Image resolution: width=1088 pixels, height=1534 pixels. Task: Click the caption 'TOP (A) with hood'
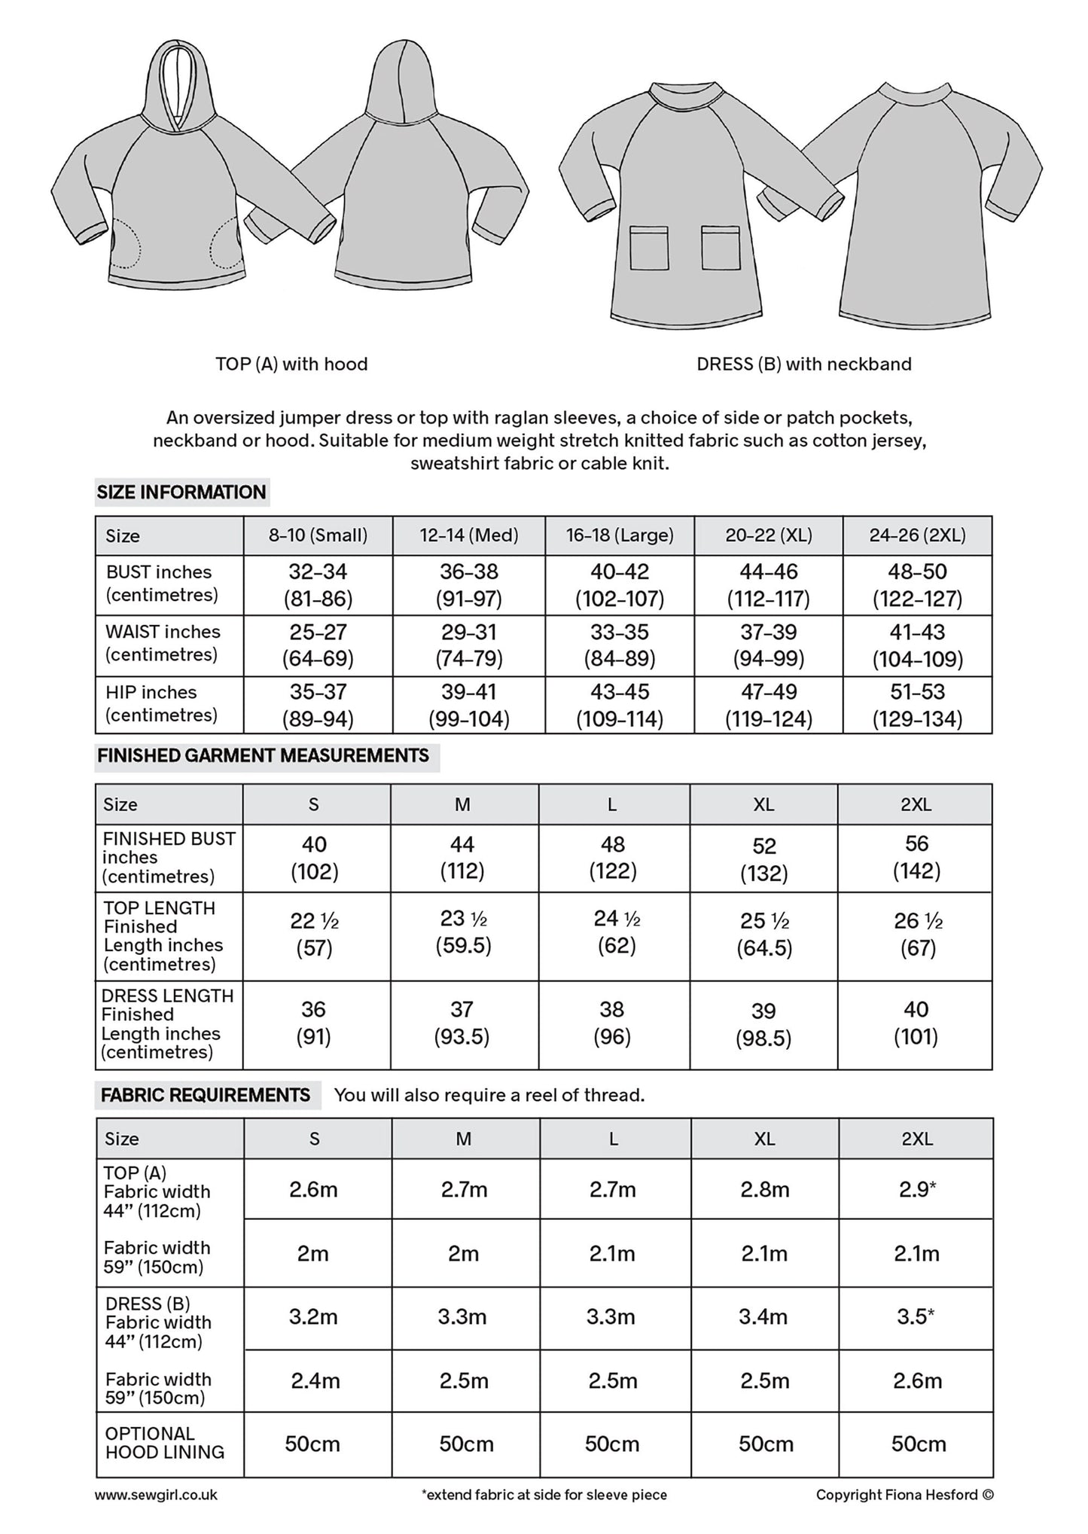click(291, 364)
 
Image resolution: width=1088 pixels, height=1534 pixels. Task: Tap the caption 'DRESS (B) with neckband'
click(803, 364)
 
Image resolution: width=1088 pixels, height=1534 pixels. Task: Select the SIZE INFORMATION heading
click(181, 493)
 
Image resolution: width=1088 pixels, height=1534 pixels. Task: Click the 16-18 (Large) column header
click(620, 535)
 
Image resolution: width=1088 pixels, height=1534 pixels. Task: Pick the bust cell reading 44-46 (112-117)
click(768, 585)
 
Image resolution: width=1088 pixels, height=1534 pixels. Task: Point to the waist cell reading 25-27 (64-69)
click(318, 645)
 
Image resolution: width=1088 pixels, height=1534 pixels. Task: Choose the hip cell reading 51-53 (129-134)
click(917, 706)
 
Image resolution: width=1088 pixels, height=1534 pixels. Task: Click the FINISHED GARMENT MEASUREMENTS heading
click(264, 756)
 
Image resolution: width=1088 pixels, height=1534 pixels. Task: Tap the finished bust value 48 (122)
click(612, 858)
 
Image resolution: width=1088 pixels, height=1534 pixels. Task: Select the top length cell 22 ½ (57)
click(315, 934)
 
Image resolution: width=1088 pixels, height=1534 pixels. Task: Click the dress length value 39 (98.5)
click(763, 1025)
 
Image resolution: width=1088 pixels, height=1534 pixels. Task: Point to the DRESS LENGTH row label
click(168, 1023)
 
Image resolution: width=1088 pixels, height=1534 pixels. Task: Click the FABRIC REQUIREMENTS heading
click(206, 1095)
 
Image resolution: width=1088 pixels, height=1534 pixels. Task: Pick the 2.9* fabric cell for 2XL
click(916, 1190)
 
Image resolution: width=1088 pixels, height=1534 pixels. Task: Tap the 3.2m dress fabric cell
click(313, 1317)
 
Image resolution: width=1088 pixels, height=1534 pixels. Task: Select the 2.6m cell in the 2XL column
click(916, 1380)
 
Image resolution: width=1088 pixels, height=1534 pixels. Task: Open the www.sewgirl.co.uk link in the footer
click(156, 1495)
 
